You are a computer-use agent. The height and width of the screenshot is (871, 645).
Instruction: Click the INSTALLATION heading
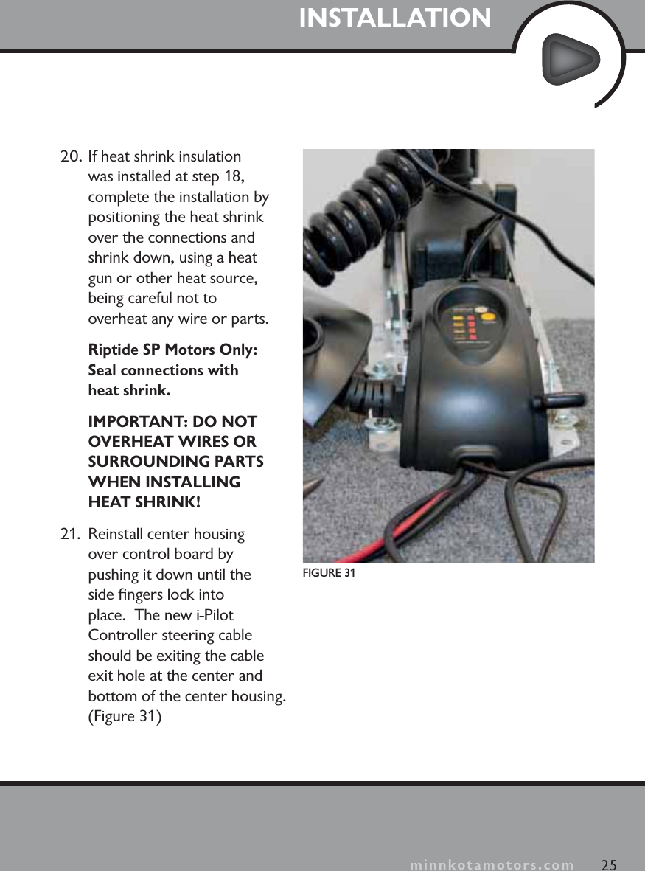[x=394, y=18]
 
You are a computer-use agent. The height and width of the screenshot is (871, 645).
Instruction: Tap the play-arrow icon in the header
[x=570, y=59]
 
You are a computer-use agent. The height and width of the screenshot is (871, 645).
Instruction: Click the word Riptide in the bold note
[x=111, y=350]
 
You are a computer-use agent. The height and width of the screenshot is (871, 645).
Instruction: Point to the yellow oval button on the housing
[x=481, y=311]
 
